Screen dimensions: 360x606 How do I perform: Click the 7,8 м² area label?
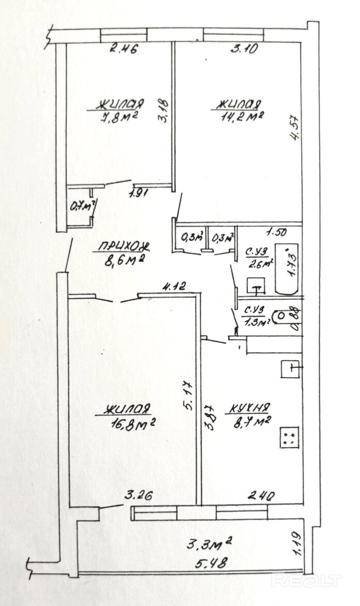point(119,117)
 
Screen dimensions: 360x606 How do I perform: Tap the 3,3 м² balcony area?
point(209,543)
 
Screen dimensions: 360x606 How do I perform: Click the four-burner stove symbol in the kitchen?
point(289,438)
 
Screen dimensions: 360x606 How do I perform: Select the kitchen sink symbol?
point(291,369)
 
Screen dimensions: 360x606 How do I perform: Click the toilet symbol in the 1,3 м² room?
point(282,315)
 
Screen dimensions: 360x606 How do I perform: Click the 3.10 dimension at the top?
point(244,50)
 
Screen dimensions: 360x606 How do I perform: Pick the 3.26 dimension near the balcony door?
point(138,498)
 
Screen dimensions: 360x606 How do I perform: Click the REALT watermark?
point(306,580)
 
